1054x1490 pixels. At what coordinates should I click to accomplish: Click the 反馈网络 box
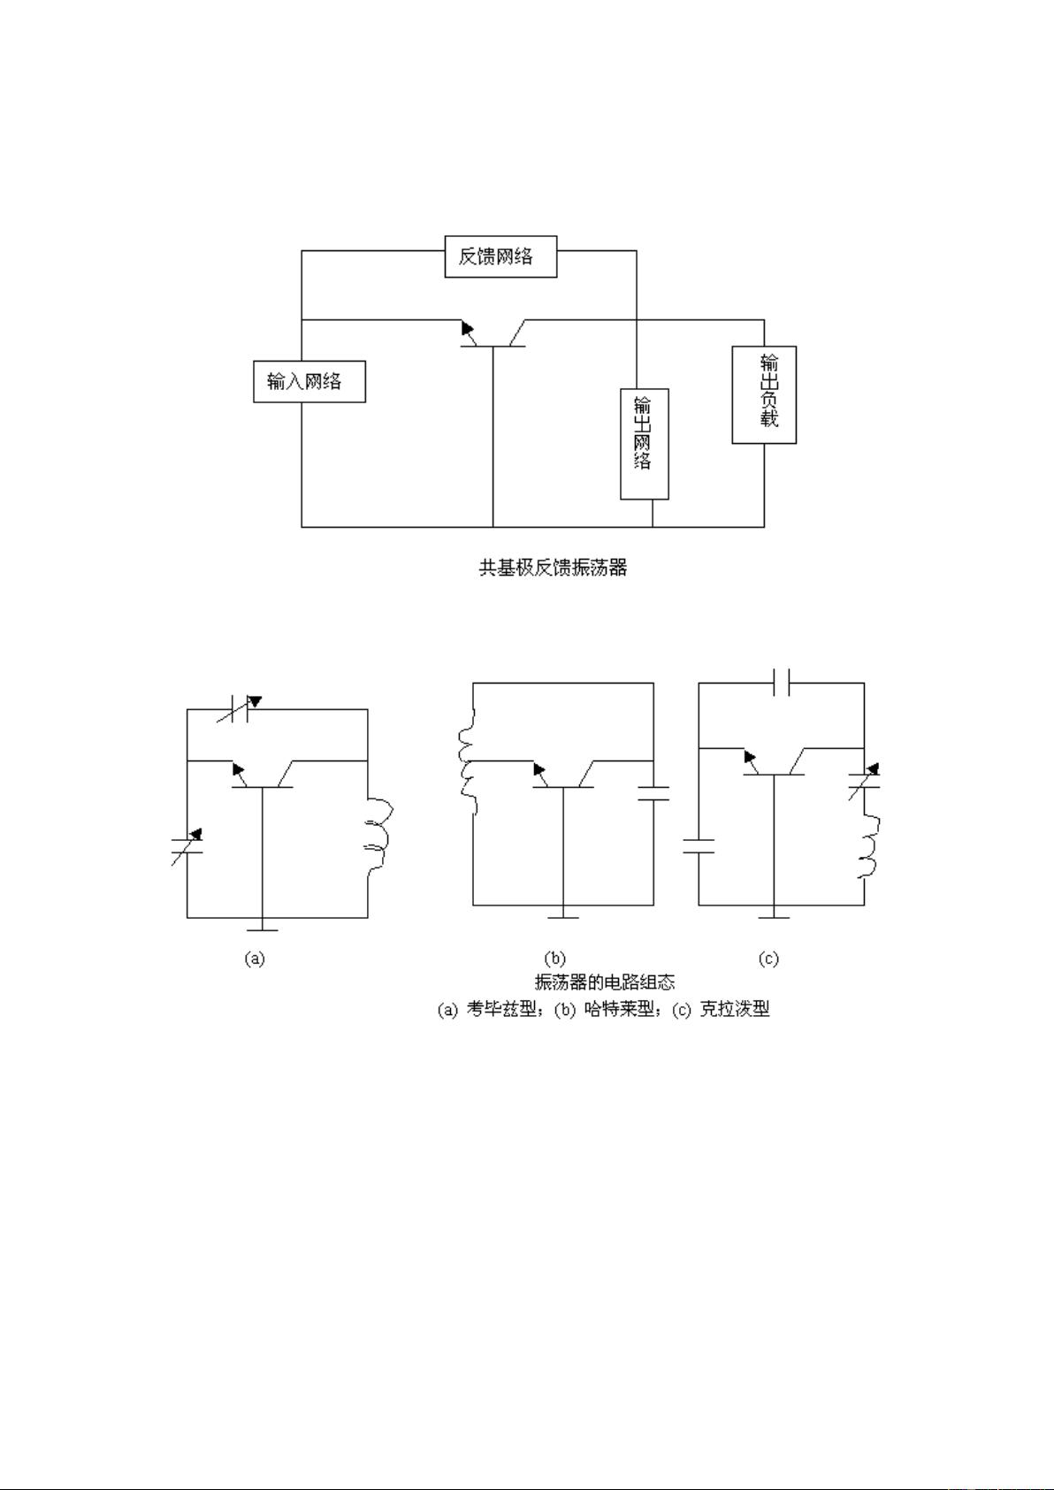point(500,256)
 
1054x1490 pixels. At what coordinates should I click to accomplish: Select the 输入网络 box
point(309,381)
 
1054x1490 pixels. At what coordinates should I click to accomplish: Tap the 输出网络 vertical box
point(644,444)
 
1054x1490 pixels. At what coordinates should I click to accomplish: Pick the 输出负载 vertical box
point(764,394)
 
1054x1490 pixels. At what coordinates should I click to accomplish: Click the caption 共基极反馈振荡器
point(553,568)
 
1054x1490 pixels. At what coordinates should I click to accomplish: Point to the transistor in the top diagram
point(493,334)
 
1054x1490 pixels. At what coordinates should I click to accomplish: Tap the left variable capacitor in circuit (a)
point(187,845)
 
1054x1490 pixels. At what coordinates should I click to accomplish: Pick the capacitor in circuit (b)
point(653,792)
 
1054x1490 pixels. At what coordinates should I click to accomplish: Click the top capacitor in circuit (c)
point(782,683)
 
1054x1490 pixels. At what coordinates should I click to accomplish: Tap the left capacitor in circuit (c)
point(699,845)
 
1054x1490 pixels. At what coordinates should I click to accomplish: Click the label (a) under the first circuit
point(255,959)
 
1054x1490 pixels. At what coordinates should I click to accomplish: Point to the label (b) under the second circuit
point(554,959)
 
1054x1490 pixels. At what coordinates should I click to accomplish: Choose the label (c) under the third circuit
point(768,959)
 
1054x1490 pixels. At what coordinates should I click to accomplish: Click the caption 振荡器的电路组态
point(605,982)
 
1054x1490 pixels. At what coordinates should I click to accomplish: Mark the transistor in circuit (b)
point(562,776)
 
